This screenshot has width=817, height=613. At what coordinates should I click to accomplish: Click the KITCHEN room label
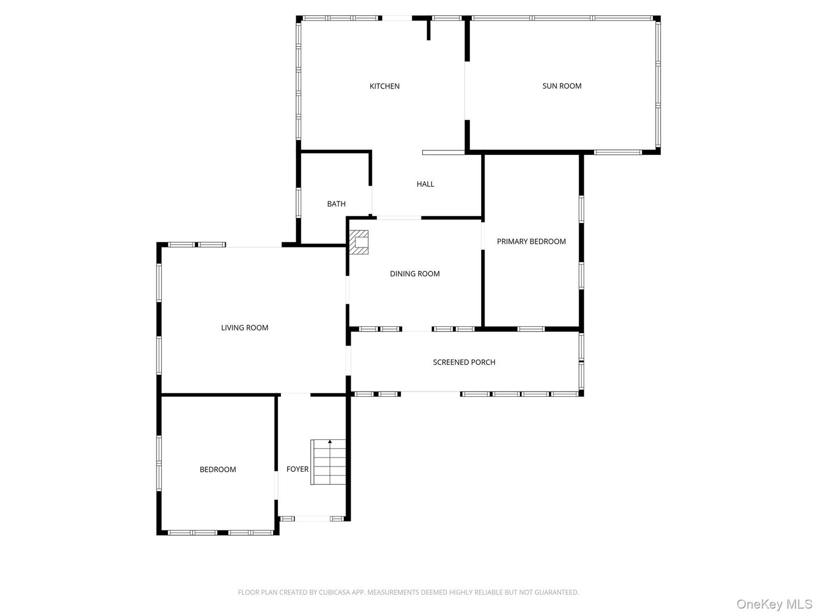click(x=385, y=86)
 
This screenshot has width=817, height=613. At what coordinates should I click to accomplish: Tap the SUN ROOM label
click(x=562, y=86)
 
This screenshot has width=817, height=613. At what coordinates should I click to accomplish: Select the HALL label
click(x=425, y=184)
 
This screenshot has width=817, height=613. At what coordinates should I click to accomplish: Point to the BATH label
click(x=336, y=204)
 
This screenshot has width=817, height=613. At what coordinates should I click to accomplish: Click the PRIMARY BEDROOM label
click(x=531, y=241)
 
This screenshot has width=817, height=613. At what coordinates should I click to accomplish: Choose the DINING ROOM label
click(x=415, y=274)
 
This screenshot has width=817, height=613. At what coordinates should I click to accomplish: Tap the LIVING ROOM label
click(x=245, y=328)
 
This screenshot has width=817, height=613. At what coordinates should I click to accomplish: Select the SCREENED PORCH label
click(x=464, y=362)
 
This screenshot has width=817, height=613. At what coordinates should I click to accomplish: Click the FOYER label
click(x=297, y=469)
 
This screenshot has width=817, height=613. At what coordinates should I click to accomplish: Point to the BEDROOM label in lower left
click(x=217, y=469)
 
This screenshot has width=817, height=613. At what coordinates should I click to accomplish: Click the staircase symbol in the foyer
click(x=329, y=463)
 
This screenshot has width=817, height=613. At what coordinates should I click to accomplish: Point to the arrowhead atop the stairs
click(x=330, y=441)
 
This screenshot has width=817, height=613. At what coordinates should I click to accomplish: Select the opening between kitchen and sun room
click(x=466, y=91)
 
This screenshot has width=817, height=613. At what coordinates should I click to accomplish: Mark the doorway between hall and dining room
click(x=399, y=217)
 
